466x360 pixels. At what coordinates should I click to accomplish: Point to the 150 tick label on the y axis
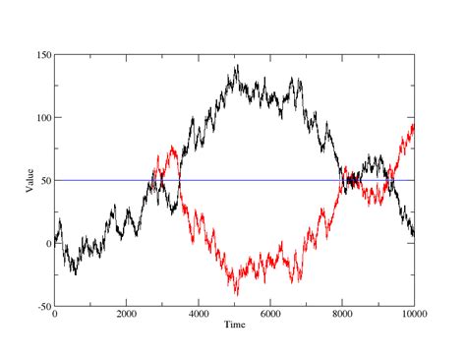(39, 54)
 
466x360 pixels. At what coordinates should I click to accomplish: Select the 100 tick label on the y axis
(39, 117)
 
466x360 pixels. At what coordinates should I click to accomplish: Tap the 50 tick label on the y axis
(42, 180)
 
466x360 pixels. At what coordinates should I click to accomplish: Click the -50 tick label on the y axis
(40, 306)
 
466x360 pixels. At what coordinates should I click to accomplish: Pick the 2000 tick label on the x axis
(126, 315)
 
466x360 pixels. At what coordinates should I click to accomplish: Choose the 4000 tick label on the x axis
(198, 315)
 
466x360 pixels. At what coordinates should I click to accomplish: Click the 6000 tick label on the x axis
(269, 315)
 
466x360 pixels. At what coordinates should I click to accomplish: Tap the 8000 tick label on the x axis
(342, 315)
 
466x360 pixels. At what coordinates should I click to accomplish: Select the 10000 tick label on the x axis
(413, 315)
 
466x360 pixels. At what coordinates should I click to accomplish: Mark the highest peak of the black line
(237, 66)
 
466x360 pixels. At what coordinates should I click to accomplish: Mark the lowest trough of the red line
(236, 294)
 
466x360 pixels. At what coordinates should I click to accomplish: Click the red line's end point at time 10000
(414, 125)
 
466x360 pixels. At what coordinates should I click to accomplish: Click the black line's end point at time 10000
(414, 235)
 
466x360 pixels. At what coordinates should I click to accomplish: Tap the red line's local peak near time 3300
(173, 148)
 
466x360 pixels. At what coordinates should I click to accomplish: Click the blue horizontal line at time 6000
(269, 180)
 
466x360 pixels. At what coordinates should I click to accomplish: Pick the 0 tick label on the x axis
(55, 315)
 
